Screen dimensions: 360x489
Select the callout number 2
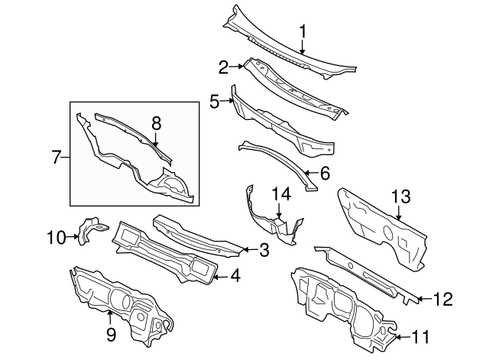pyautogui.click(x=224, y=67)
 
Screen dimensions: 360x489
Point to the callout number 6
pyautogui.click(x=325, y=174)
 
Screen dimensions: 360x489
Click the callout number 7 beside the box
pyautogui.click(x=57, y=157)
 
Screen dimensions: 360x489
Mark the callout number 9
pyautogui.click(x=110, y=333)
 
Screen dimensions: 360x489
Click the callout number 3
pyautogui.click(x=264, y=249)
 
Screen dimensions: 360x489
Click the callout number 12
pyautogui.click(x=443, y=297)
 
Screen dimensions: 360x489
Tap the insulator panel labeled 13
pyautogui.click(x=382, y=225)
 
